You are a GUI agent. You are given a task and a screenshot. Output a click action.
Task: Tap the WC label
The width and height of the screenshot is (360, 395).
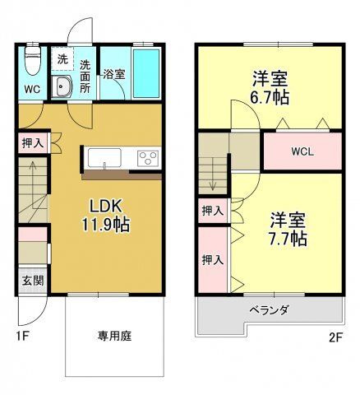pyautogui.click(x=31, y=88)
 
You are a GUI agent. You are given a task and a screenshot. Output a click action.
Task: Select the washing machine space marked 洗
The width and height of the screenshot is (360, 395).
pyautogui.click(x=62, y=60)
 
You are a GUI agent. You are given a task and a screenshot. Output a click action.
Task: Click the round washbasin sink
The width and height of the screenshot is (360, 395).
pyautogui.click(x=62, y=88)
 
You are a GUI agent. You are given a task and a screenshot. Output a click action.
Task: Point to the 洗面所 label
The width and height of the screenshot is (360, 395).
pyautogui.click(x=86, y=77)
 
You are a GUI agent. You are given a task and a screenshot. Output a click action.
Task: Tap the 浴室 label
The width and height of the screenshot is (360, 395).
pyautogui.click(x=113, y=74)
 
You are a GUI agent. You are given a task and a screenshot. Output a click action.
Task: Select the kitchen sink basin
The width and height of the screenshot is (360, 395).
pyautogui.click(x=104, y=157)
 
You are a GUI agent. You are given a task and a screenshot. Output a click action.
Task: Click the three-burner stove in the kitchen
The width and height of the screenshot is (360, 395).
pyautogui.click(x=148, y=157)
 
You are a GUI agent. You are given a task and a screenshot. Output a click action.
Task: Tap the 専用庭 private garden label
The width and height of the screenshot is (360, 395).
pyautogui.click(x=113, y=335)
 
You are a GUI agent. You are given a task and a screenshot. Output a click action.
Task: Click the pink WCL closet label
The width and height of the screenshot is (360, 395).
pyautogui.click(x=302, y=151)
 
